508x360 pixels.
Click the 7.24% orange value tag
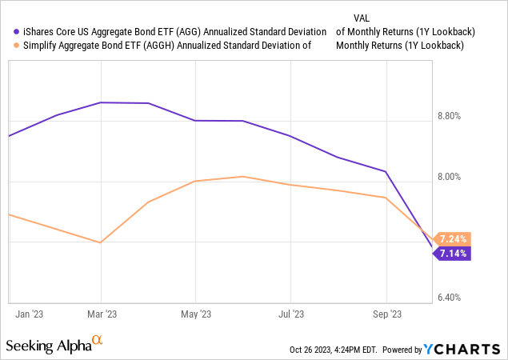pyautogui.click(x=451, y=238)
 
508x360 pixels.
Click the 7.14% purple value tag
pyautogui.click(x=451, y=254)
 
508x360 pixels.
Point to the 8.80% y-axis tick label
pyautogui.click(x=454, y=116)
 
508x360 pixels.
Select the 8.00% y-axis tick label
pyautogui.click(x=454, y=177)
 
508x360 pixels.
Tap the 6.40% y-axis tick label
pyautogui.click(x=454, y=298)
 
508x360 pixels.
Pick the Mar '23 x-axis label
pyautogui.click(x=100, y=314)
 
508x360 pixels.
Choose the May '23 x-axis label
pyautogui.click(x=195, y=314)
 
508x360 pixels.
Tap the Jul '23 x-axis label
pyautogui.click(x=290, y=314)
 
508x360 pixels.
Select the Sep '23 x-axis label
pyautogui.click(x=386, y=314)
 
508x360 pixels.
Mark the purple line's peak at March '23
pyautogui.click(x=100, y=102)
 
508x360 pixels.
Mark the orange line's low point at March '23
pyautogui.click(x=100, y=242)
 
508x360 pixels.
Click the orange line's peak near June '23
pyautogui.click(x=243, y=177)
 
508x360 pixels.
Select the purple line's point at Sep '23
pyautogui.click(x=386, y=171)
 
